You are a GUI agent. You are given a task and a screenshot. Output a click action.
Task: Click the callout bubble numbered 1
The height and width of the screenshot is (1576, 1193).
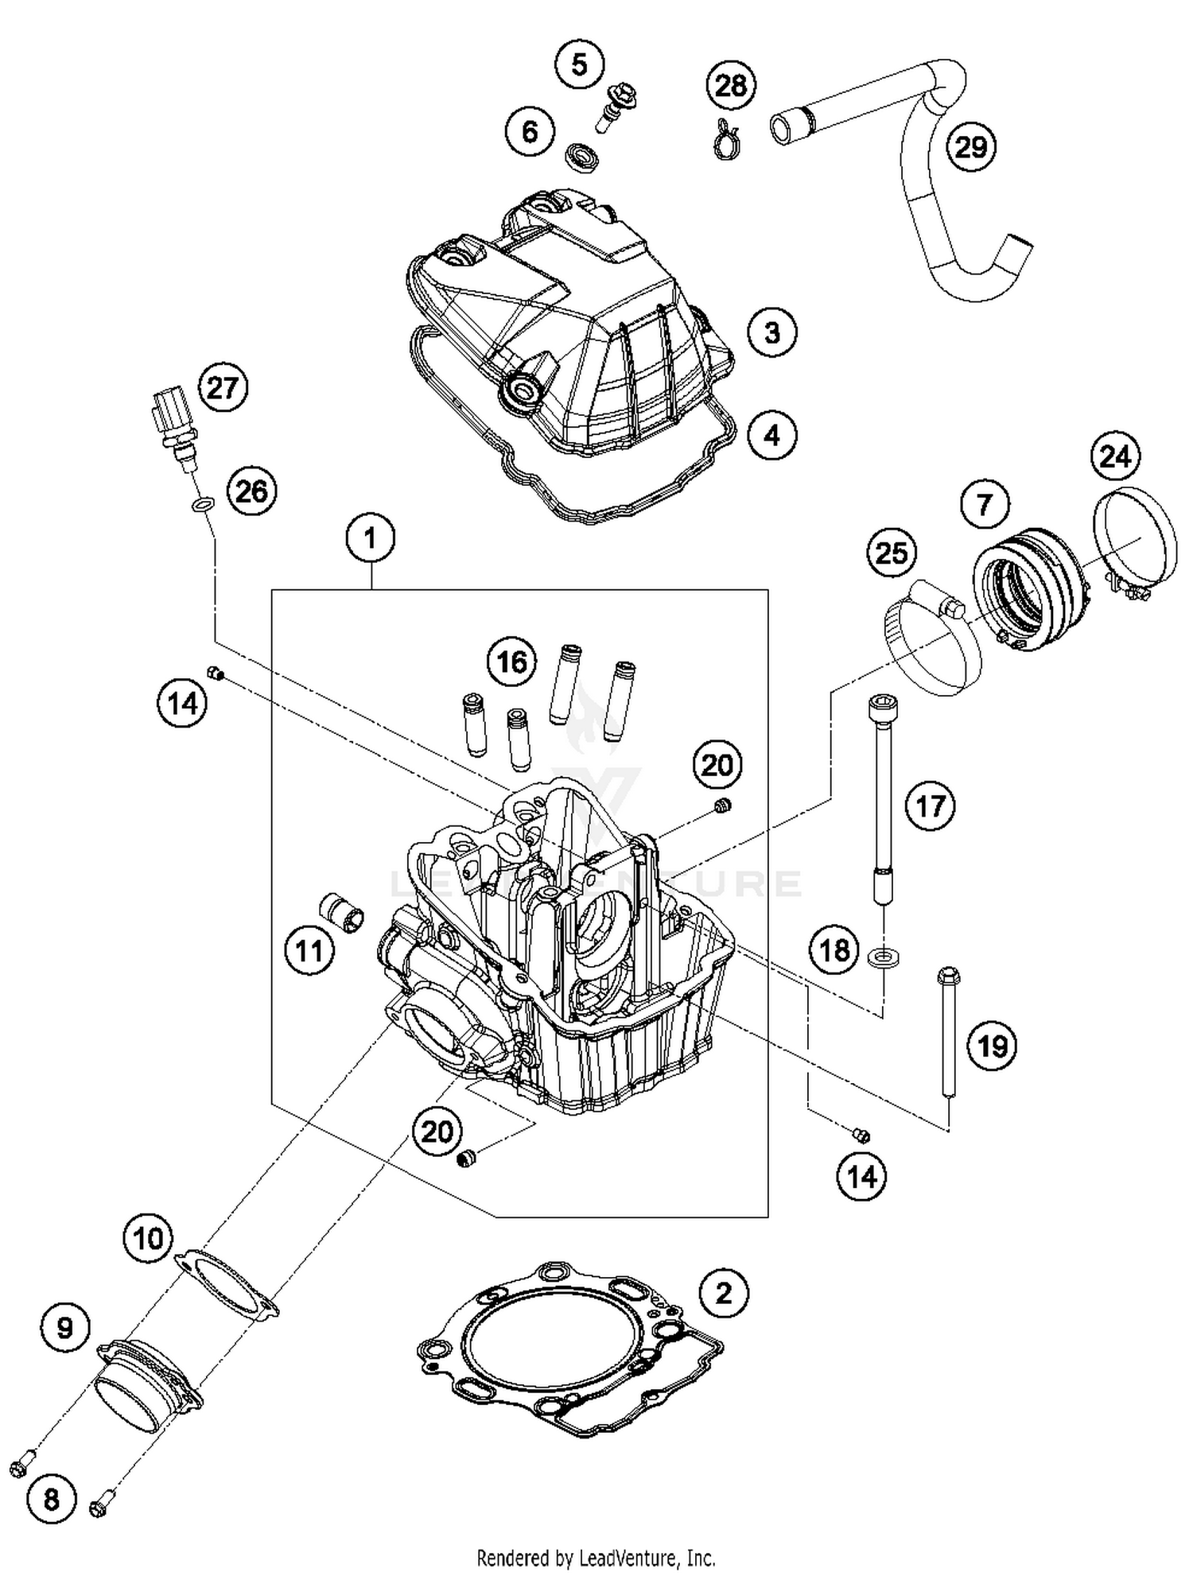[370, 539]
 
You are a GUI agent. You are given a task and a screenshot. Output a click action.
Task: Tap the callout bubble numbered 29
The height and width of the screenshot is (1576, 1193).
[970, 147]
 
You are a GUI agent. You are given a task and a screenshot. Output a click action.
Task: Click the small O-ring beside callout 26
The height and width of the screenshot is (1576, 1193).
[203, 504]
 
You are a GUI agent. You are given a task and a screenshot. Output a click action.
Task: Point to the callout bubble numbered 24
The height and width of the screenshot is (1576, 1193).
[1114, 456]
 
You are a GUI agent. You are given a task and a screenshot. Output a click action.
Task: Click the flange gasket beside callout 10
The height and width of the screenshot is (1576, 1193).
[227, 1281]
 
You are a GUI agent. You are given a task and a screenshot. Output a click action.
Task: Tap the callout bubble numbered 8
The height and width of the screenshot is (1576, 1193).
[51, 1500]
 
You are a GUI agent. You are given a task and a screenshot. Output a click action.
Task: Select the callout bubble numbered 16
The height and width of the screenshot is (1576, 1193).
[511, 662]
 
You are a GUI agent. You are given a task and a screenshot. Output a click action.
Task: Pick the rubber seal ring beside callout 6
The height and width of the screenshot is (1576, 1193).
[581, 154]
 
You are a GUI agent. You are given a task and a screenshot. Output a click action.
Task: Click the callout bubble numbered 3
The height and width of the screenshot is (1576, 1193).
[771, 332]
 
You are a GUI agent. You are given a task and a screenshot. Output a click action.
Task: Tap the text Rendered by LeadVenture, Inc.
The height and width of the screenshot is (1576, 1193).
[596, 1557]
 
